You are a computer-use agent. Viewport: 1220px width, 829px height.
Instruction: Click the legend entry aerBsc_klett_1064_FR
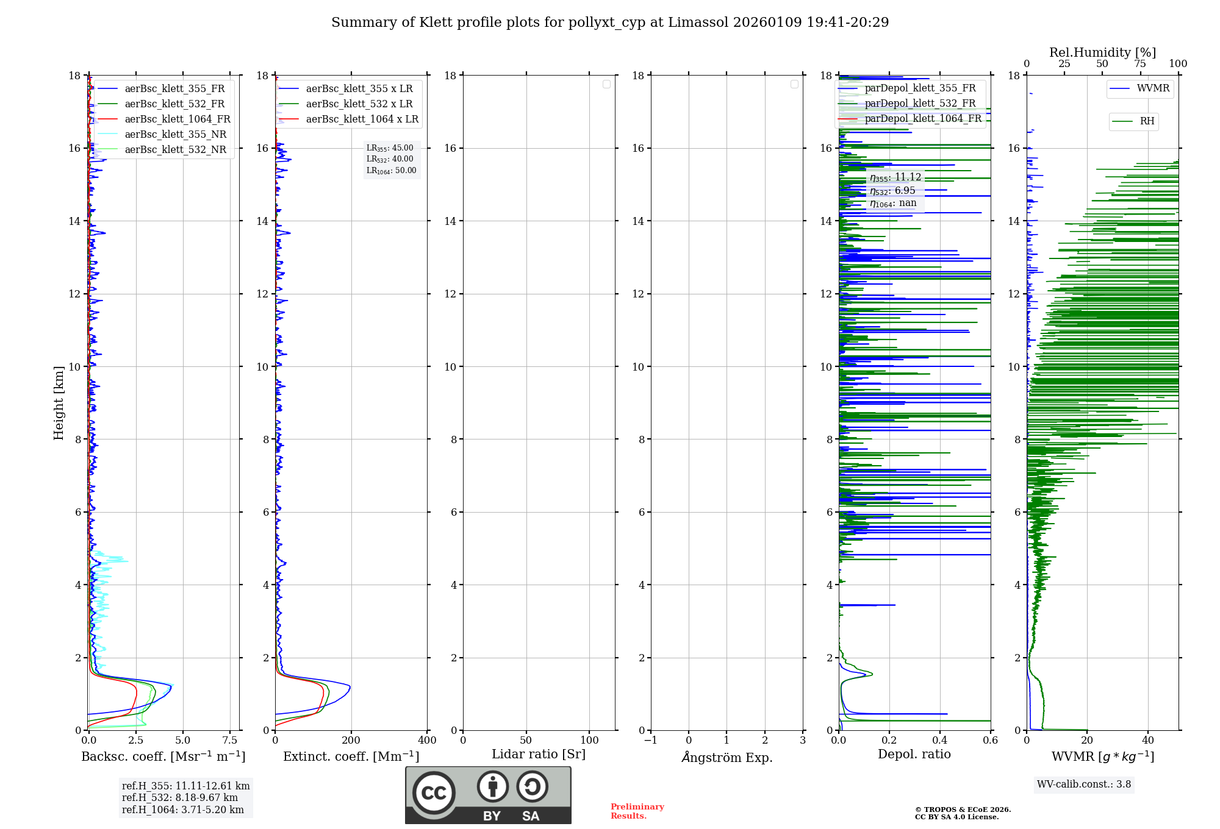click(x=178, y=119)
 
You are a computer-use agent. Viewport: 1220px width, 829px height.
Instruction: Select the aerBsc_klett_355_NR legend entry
click(x=175, y=134)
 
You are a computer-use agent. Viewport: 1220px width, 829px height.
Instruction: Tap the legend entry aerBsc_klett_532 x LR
click(x=359, y=104)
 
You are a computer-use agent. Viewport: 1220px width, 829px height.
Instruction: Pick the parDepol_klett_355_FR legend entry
click(x=920, y=88)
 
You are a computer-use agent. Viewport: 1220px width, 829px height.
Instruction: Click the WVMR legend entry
click(x=1153, y=88)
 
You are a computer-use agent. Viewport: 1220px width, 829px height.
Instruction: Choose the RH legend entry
click(x=1147, y=121)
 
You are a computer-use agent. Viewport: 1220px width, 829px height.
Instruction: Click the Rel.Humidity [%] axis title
click(x=1102, y=52)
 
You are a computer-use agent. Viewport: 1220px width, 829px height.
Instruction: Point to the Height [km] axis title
click(x=59, y=403)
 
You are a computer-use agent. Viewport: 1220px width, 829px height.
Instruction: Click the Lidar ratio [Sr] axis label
click(x=539, y=754)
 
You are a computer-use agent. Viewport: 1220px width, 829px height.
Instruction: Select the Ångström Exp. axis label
click(x=727, y=757)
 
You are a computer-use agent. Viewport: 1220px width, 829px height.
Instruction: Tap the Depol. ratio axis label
click(x=914, y=754)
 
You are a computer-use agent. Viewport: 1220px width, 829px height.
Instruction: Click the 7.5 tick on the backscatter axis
click(x=230, y=740)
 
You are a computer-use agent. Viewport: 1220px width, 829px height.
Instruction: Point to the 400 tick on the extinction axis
click(x=427, y=740)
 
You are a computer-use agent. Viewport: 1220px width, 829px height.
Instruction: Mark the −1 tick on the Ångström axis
click(x=650, y=740)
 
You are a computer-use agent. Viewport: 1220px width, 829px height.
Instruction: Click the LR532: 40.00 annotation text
click(x=390, y=159)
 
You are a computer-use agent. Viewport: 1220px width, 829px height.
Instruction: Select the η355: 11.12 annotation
click(x=895, y=177)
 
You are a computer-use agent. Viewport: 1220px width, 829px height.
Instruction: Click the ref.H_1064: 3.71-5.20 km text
click(x=183, y=809)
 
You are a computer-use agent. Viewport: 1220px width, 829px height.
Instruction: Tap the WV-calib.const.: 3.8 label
click(x=1084, y=784)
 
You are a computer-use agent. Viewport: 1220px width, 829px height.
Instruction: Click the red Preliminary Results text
click(x=637, y=811)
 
